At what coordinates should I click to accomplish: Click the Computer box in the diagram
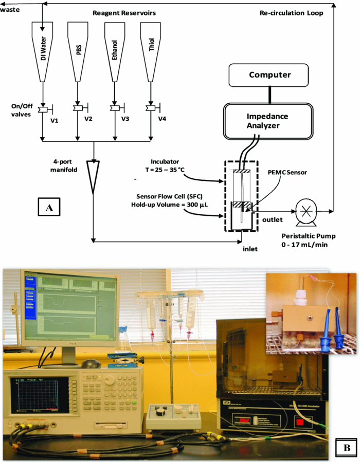pos(270,75)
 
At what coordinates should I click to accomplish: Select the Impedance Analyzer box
pos(267,121)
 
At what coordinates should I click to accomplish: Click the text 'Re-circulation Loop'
pos(292,13)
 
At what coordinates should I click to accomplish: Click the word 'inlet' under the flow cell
pos(250,249)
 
